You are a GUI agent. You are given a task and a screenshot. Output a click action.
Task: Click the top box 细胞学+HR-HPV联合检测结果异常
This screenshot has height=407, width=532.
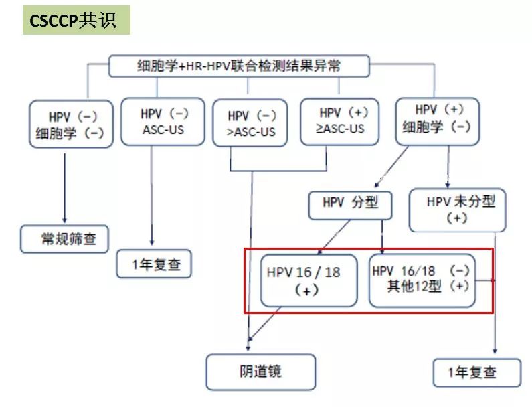[238, 66]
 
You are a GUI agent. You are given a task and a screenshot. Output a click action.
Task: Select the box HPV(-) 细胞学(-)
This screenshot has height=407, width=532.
[70, 124]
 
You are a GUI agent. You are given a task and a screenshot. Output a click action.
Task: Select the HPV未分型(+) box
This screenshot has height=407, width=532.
[457, 210]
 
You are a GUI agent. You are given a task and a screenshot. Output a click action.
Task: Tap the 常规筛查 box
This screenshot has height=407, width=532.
[65, 238]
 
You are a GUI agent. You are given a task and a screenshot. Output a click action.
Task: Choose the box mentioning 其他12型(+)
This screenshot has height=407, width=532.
[422, 279]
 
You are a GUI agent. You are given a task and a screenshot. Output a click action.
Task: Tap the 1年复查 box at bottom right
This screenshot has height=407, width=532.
[476, 373]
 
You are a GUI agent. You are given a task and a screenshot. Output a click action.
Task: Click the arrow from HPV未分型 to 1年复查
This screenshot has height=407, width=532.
[496, 295]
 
